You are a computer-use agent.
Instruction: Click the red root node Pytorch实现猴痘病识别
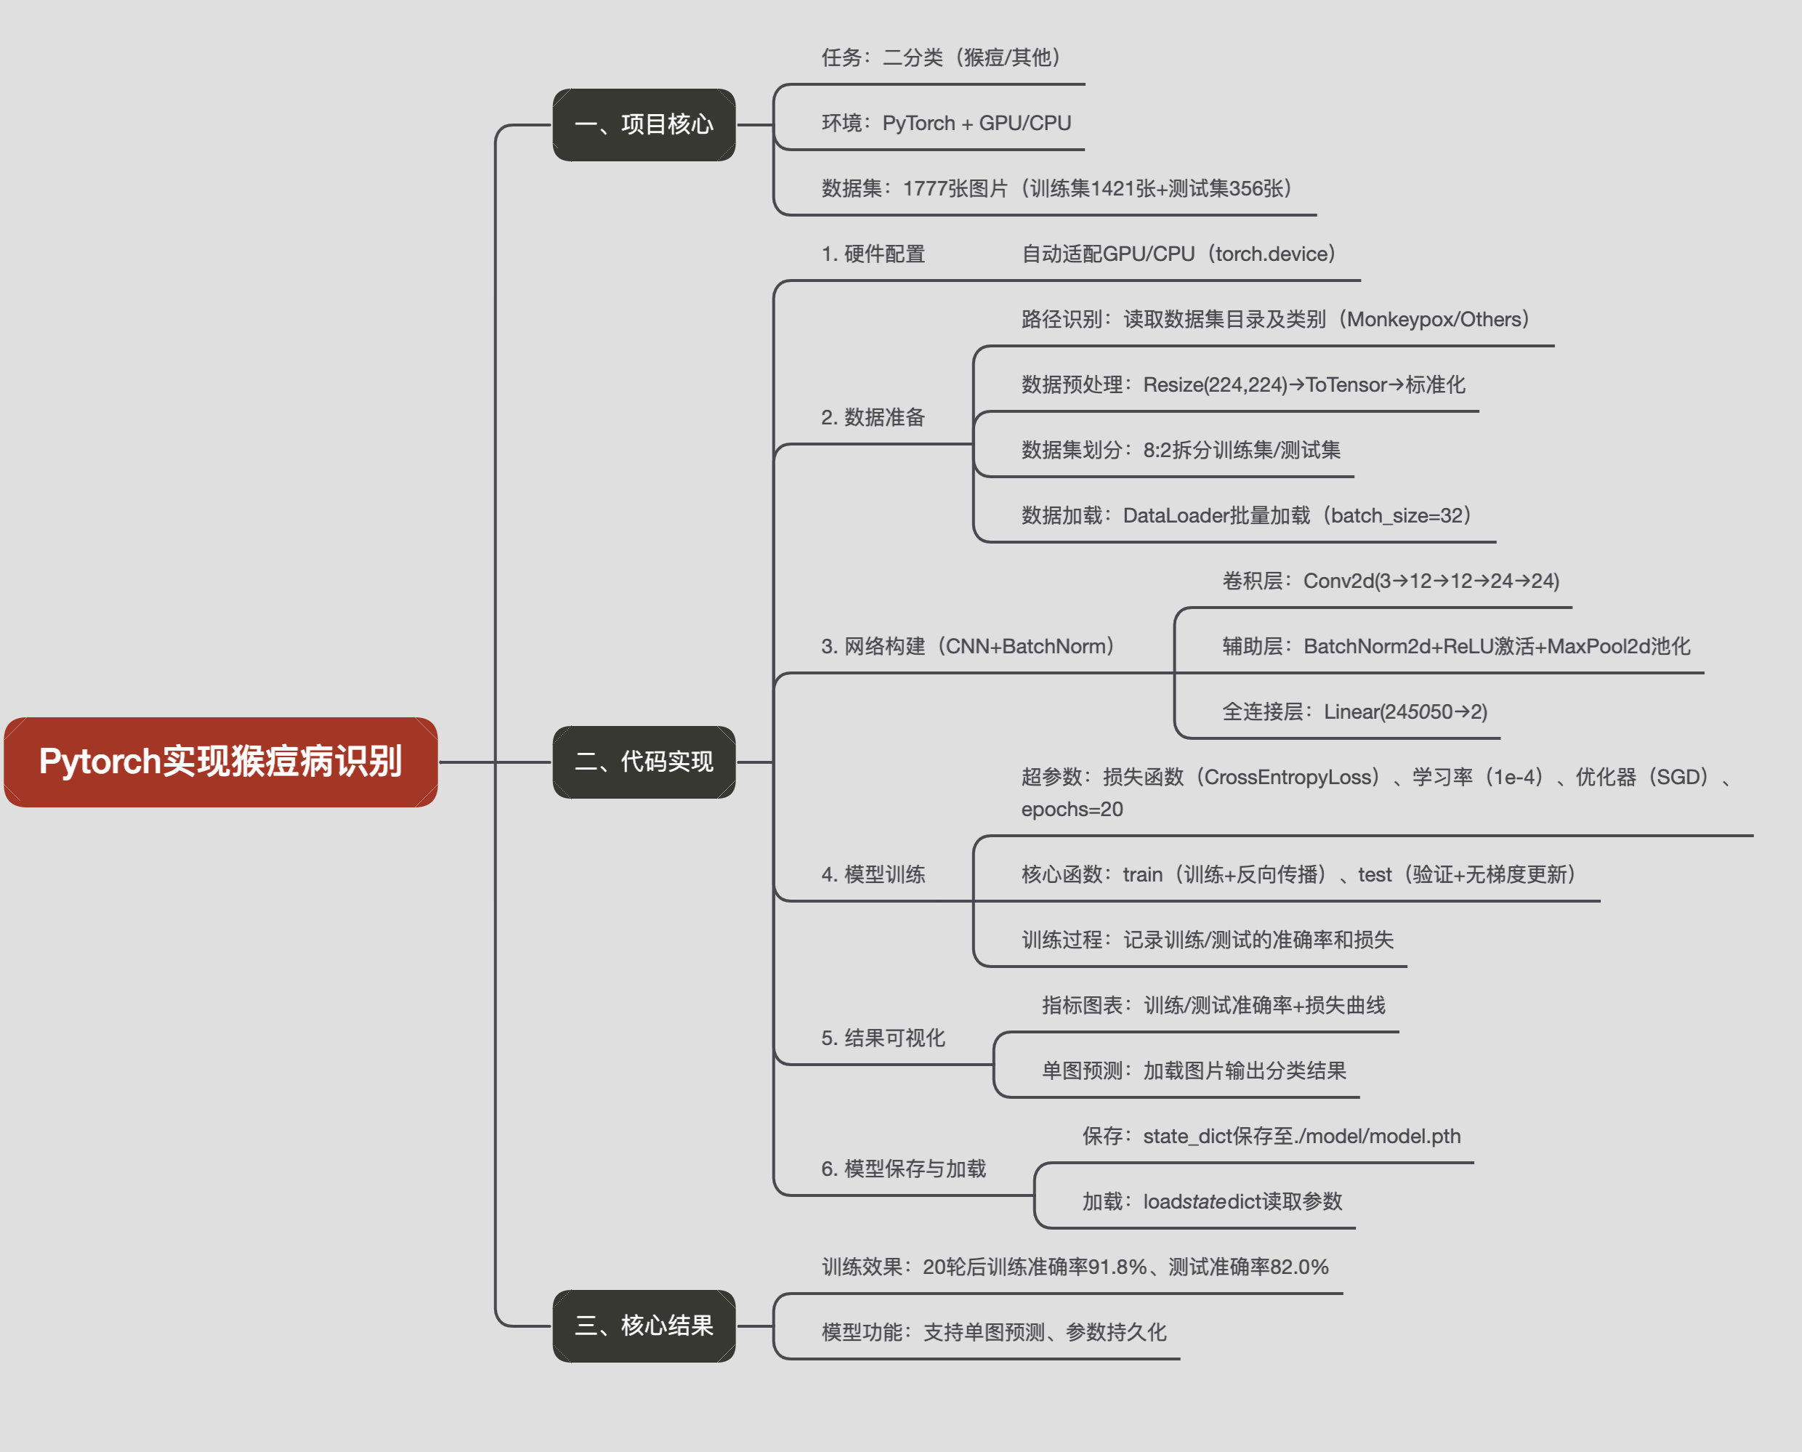point(221,762)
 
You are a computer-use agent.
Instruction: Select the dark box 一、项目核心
point(644,124)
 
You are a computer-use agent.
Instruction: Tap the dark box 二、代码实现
point(644,762)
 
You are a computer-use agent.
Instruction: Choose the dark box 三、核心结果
point(644,1326)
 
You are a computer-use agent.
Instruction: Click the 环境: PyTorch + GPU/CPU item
point(946,123)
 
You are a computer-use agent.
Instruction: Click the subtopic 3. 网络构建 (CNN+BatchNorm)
point(967,647)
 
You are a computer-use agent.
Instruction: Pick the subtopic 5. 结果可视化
point(883,1038)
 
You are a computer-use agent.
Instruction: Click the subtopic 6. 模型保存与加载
point(903,1169)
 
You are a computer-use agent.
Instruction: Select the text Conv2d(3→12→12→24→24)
point(1431,581)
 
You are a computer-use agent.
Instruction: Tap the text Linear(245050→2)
point(1405,711)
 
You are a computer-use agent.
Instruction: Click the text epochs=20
point(1071,810)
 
